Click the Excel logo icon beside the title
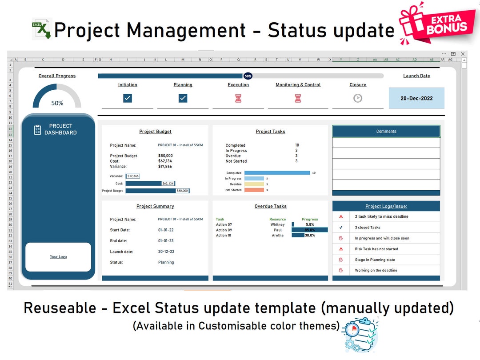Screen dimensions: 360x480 point(42,29)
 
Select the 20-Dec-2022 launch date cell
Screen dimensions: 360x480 point(416,98)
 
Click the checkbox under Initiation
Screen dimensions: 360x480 point(128,98)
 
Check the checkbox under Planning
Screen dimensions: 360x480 point(183,98)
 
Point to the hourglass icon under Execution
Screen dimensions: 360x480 point(238,98)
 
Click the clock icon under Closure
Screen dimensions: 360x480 point(358,98)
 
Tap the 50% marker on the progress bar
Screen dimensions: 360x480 point(248,76)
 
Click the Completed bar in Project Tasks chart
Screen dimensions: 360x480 point(277,173)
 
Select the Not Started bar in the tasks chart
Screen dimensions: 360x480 point(254,190)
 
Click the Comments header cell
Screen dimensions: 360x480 point(386,131)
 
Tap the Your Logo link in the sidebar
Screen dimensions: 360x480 point(58,256)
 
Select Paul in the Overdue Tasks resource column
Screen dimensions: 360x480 point(278,230)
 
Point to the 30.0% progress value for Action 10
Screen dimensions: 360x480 point(310,235)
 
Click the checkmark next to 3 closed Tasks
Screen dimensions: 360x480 point(341,227)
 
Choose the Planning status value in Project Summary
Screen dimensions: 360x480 point(166,262)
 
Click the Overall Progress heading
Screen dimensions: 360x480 point(57,76)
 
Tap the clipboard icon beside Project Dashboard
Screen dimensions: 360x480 point(38,130)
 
